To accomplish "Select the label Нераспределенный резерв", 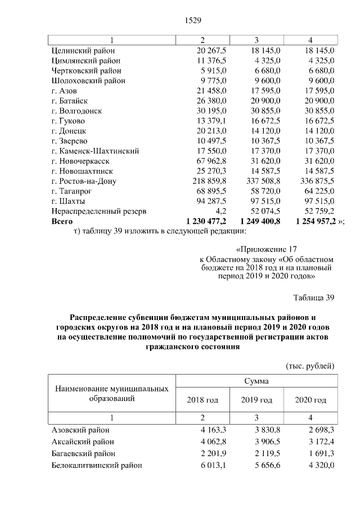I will (98, 211).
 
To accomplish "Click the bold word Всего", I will (62, 222).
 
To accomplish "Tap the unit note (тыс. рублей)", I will (310, 366).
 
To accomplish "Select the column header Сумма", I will (256, 381).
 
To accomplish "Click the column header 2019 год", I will (256, 400).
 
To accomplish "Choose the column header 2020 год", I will (310, 400).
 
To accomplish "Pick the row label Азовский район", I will (78, 430).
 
